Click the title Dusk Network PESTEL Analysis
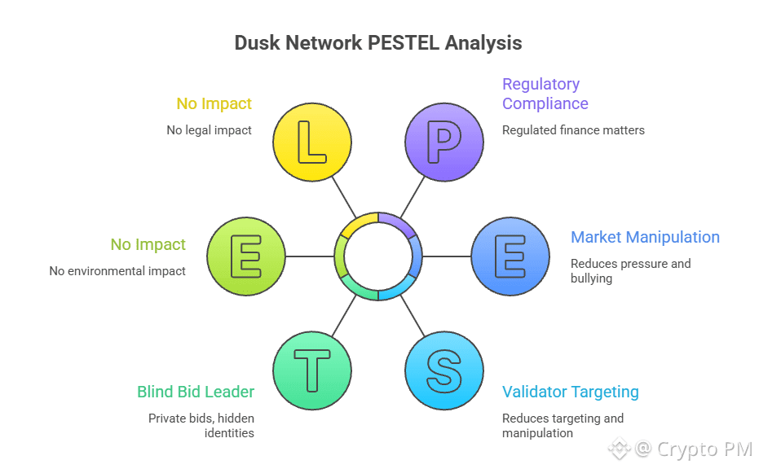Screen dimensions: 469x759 point(378,42)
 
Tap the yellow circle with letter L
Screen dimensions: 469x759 point(312,142)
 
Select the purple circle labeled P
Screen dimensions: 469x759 point(444,142)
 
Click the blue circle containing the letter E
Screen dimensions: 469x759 point(510,256)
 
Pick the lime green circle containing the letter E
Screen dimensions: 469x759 point(246,256)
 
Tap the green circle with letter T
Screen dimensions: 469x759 point(312,370)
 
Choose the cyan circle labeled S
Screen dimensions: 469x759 point(444,370)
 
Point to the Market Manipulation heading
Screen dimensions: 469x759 point(645,237)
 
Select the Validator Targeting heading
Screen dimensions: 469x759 point(570,392)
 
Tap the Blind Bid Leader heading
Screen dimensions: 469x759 point(196,392)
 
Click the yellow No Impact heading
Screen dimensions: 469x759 point(214,103)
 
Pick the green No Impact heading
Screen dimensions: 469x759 point(148,244)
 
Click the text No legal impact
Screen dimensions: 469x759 point(209,129)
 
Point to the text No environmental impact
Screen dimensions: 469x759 point(117,270)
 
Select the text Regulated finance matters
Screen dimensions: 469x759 point(573,129)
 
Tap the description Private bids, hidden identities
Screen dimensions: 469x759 point(201,425)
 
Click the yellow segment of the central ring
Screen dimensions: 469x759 point(359,222)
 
